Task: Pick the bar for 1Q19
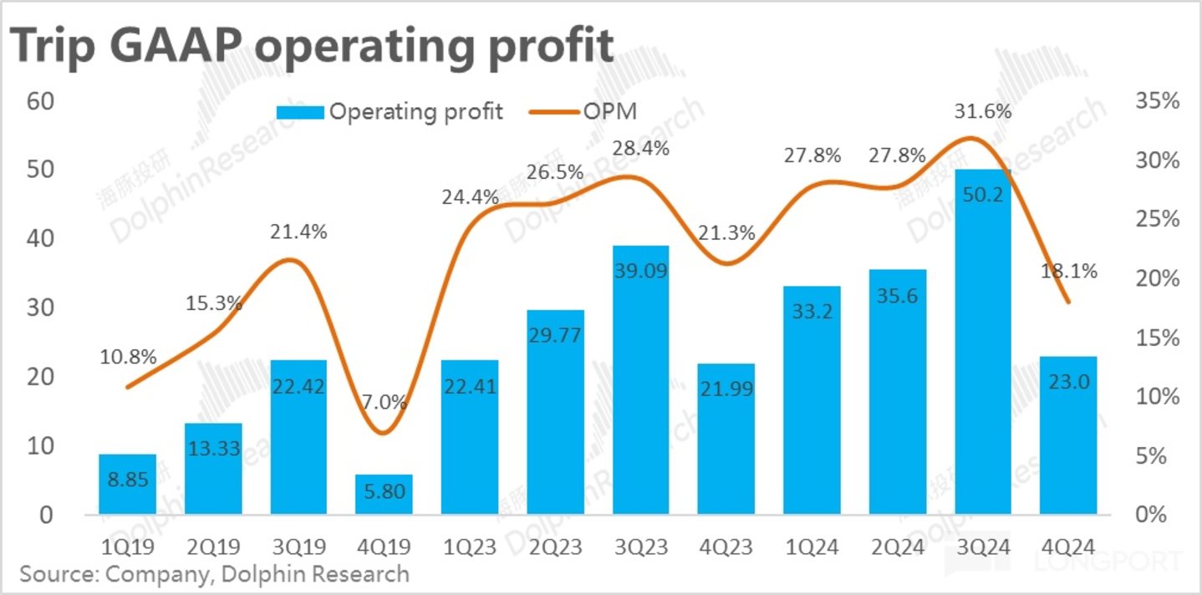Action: pyautogui.click(x=128, y=484)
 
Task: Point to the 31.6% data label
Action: pyautogui.click(x=983, y=111)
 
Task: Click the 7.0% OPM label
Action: pyautogui.click(x=385, y=402)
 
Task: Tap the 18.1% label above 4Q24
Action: pyautogui.click(x=1068, y=272)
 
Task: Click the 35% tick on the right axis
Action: pyautogui.click(x=1158, y=101)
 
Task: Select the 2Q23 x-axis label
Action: pyautogui.click(x=556, y=547)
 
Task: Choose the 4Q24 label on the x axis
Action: pyautogui.click(x=1068, y=547)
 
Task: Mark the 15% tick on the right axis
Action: pyautogui.click(x=1158, y=338)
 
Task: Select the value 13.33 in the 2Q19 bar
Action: pyautogui.click(x=213, y=449)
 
